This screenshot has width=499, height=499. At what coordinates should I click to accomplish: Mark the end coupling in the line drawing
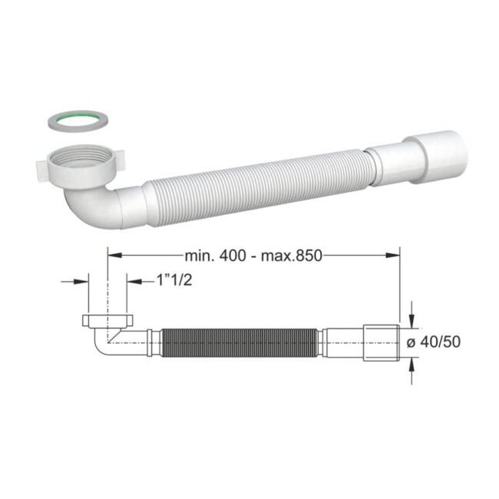(x=381, y=342)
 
